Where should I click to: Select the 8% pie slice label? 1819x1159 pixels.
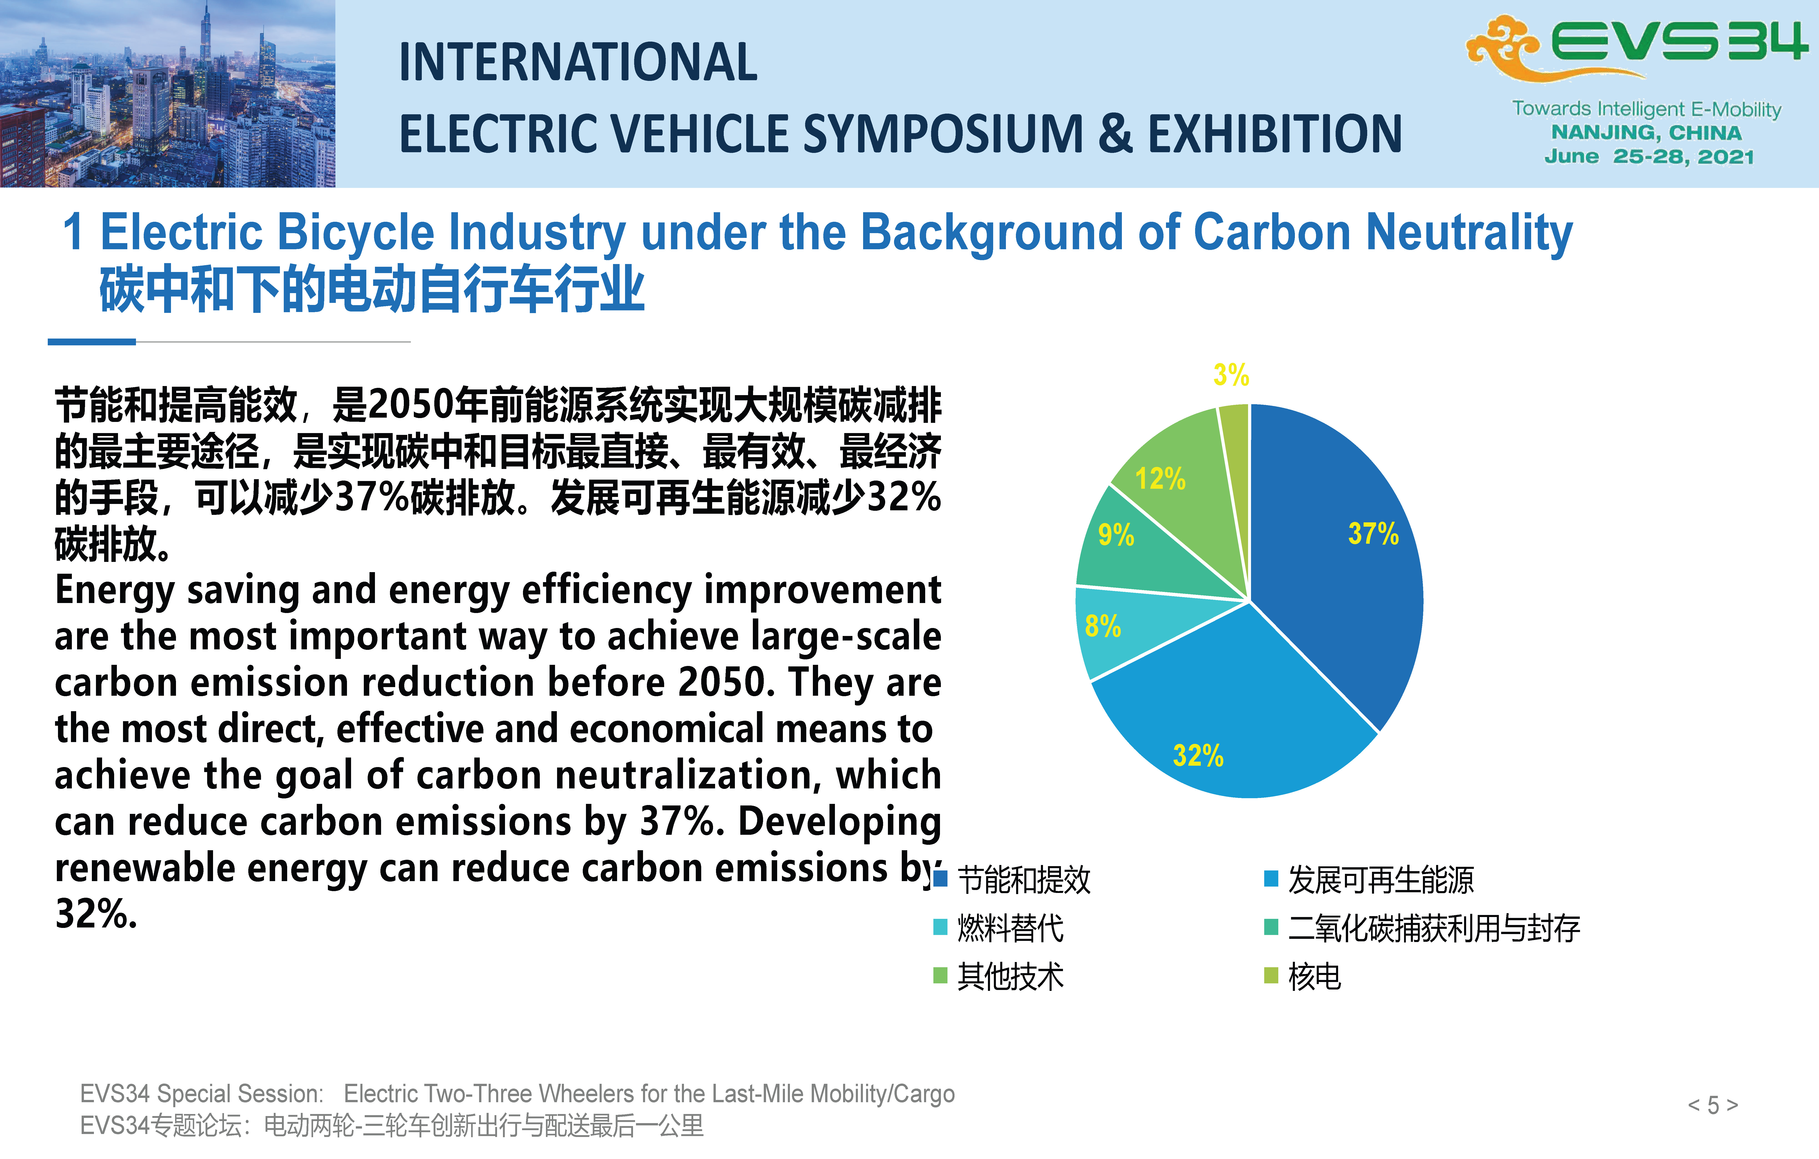pos(1103,626)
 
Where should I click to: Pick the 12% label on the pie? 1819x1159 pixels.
pos(1160,479)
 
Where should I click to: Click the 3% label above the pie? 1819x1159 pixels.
pos(1231,374)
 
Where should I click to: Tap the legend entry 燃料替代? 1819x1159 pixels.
pos(999,928)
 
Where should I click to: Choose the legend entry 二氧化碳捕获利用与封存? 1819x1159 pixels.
pos(1422,928)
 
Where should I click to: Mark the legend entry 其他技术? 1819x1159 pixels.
pos(999,976)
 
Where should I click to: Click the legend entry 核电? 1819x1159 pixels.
pos(1302,976)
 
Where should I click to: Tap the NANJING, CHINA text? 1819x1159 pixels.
pos(1647,133)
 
